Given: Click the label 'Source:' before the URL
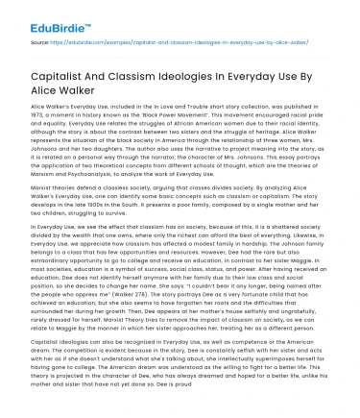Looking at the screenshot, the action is (40, 43).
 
